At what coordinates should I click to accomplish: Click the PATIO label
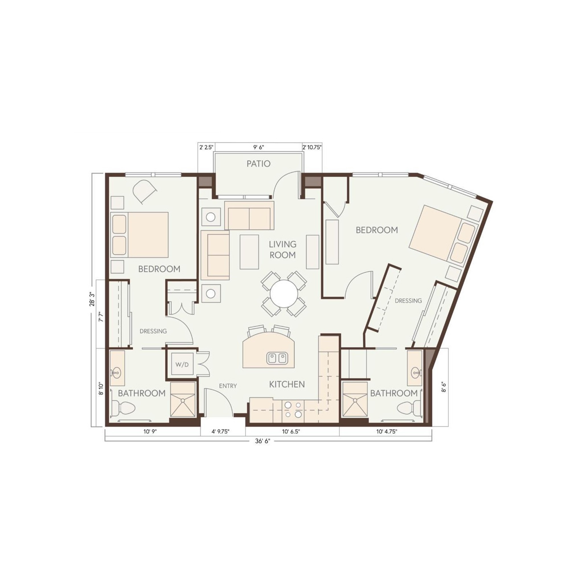pos(258,164)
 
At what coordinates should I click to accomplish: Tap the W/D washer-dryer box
pos(182,365)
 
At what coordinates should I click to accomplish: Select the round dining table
pos(284,293)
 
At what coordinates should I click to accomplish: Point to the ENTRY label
pos(228,386)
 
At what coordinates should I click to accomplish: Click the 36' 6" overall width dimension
pos(262,441)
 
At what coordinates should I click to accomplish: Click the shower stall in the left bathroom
pos(183,400)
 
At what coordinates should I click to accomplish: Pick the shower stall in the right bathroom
pos(355,400)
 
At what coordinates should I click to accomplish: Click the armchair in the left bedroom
pos(145,191)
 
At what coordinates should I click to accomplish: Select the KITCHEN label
pos(287,384)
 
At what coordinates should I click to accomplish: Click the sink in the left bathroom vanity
pos(117,373)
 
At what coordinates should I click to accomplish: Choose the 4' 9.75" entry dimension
pos(221,432)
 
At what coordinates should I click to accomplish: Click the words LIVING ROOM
pos(283,250)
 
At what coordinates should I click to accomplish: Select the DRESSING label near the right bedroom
pos(408,301)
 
